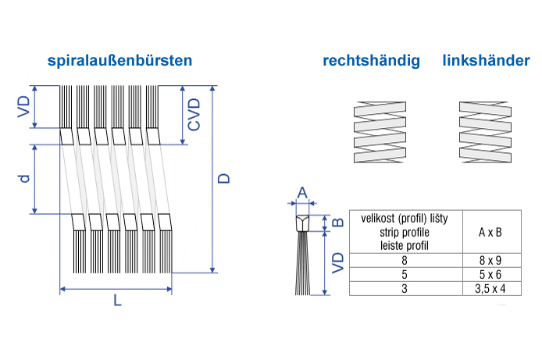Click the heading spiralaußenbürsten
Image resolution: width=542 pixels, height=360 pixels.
(119, 60)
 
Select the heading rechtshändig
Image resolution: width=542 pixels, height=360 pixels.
(371, 61)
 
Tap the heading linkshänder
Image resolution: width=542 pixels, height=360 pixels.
(486, 60)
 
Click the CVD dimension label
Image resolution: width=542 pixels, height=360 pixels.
(194, 114)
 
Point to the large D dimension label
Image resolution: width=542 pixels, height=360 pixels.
(224, 178)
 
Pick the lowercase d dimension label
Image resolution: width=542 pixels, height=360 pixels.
(24, 178)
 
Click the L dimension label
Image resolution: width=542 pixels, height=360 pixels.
(117, 301)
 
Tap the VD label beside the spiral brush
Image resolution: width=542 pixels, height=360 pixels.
(24, 106)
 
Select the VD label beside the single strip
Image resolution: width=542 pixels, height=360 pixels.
(338, 263)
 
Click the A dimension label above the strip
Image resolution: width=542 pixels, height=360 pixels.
(302, 192)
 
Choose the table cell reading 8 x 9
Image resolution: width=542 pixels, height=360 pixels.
(491, 260)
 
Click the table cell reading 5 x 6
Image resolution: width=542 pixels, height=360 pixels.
(491, 274)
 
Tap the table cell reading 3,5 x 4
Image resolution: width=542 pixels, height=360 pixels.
(491, 288)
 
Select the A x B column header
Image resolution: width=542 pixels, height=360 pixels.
(490, 232)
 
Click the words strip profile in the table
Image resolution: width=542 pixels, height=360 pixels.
(405, 232)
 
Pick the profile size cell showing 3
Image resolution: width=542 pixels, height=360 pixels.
(405, 288)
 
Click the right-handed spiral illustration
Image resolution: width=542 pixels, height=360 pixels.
(380, 132)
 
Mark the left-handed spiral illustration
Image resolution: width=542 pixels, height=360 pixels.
(485, 132)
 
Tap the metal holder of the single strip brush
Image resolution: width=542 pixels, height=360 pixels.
(302, 223)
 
